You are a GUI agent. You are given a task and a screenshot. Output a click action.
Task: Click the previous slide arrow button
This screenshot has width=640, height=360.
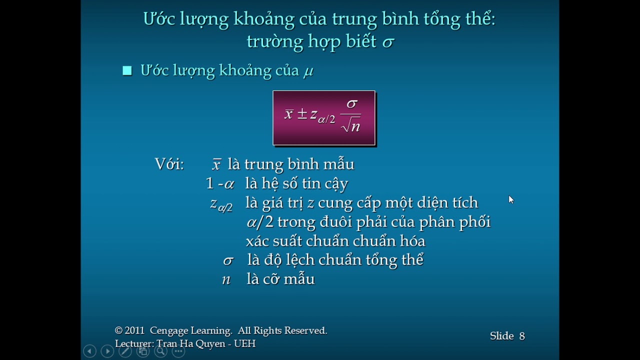tap(89, 351)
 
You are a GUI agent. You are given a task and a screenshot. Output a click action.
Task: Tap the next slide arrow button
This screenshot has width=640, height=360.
tap(107, 351)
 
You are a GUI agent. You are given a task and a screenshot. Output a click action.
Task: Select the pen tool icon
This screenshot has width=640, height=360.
tap(125, 351)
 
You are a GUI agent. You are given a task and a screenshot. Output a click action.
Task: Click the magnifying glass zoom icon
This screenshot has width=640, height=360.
tap(160, 351)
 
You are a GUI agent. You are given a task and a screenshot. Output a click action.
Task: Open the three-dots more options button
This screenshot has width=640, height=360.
tap(178, 351)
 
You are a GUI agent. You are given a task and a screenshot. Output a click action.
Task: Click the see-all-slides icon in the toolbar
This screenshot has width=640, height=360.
tap(143, 351)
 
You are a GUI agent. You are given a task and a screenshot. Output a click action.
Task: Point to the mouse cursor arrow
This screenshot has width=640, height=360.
tap(510, 199)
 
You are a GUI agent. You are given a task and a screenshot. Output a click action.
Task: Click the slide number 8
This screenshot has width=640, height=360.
tap(522, 336)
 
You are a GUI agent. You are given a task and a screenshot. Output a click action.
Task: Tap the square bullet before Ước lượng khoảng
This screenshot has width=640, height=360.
tap(127, 70)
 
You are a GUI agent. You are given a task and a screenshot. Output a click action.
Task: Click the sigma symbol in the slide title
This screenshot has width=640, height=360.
tap(388, 42)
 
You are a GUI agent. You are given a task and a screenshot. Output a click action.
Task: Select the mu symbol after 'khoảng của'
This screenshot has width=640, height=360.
tap(308, 71)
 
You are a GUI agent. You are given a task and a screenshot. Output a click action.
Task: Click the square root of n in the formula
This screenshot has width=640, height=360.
tap(351, 126)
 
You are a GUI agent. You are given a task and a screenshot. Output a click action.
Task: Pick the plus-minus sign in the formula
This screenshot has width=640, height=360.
tap(301, 114)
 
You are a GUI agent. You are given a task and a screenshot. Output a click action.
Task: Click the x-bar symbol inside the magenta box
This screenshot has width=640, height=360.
tap(288, 114)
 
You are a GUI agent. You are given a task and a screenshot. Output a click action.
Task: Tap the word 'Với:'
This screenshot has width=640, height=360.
tap(169, 164)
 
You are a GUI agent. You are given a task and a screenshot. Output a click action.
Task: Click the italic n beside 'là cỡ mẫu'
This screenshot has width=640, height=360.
tap(226, 279)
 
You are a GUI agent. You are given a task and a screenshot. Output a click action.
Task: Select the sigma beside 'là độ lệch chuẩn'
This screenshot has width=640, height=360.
tap(228, 260)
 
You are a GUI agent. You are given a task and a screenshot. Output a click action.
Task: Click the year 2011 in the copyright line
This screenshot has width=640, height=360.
tap(134, 330)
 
